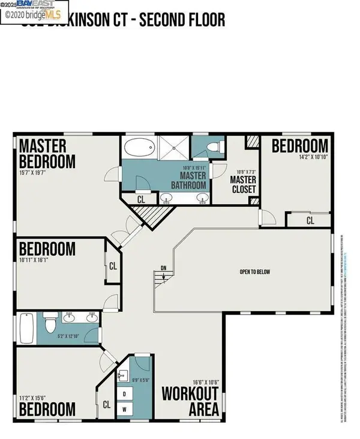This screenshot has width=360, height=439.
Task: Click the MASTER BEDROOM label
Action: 47,154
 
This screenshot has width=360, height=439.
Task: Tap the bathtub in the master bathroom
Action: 139,147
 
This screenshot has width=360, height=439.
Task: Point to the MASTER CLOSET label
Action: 244,184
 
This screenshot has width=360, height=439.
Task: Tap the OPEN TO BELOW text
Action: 255,272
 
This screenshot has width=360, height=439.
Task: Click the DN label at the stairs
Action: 163,268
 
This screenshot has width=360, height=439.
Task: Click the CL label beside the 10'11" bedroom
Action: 113,265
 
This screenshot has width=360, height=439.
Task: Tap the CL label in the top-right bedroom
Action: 310,221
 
